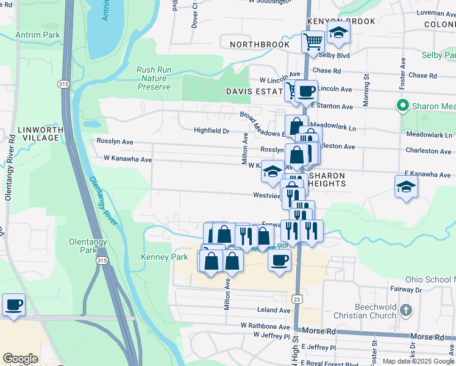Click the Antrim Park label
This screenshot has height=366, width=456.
click(x=38, y=35)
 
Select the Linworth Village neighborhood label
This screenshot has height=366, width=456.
click(x=38, y=134)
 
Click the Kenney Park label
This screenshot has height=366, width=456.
click(x=165, y=257)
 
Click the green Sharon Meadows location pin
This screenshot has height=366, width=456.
click(x=402, y=106)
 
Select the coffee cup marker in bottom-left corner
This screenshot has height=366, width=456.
click(x=13, y=305)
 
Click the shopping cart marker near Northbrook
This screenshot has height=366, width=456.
click(x=313, y=42)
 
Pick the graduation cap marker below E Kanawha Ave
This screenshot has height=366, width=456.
click(x=406, y=187)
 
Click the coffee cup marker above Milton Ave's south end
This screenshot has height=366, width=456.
click(x=279, y=260)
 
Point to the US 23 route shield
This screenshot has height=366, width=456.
click(x=296, y=299)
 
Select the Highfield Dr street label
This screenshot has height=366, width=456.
click(x=212, y=131)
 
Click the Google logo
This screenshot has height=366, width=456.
click(x=20, y=359)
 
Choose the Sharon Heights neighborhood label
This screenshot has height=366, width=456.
click(x=325, y=179)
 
